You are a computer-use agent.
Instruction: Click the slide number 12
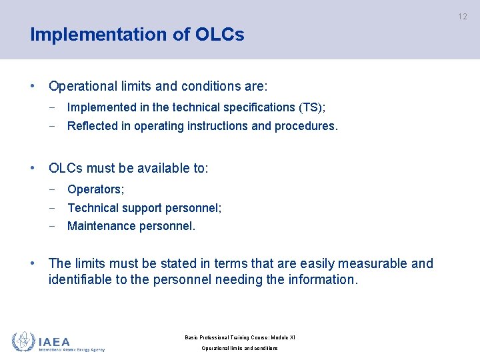click(463, 17)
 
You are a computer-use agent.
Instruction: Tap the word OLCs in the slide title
click(220, 35)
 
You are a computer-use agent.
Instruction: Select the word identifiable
click(80, 279)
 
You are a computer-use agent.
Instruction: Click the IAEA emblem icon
click(23, 341)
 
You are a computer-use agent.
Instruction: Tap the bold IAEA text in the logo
click(54, 341)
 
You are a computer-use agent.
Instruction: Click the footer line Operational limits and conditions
click(239, 348)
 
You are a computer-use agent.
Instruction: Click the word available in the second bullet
click(150, 168)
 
